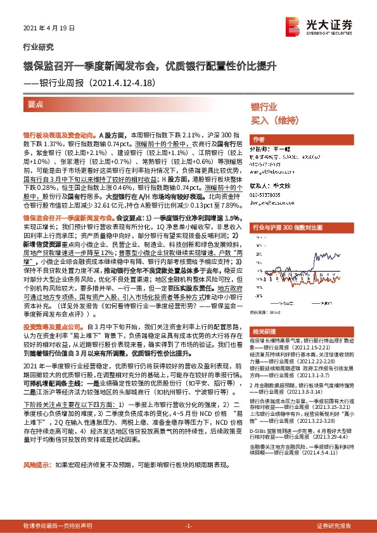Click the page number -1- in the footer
pyautogui.click(x=188, y=525)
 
